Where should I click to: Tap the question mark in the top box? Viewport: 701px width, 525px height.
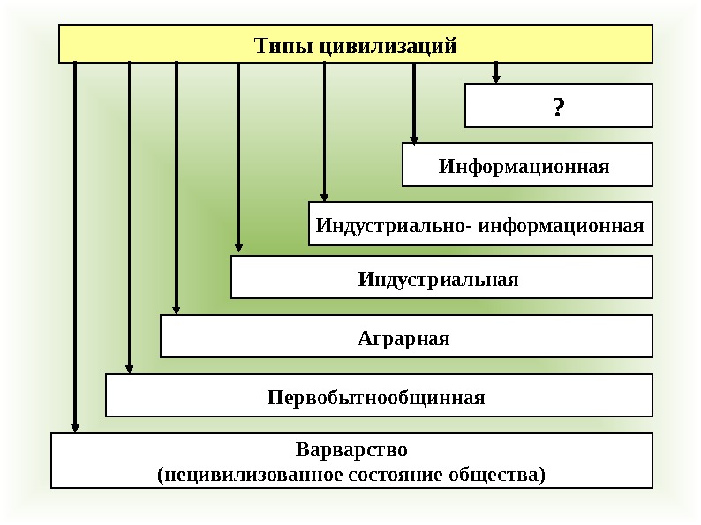[558, 108]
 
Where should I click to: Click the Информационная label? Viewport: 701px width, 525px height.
[524, 166]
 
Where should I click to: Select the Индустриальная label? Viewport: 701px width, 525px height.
[438, 280]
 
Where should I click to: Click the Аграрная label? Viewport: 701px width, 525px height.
[403, 338]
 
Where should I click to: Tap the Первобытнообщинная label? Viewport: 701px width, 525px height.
[376, 397]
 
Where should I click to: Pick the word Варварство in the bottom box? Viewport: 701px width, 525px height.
[351, 450]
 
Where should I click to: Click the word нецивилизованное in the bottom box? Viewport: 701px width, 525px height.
[237, 475]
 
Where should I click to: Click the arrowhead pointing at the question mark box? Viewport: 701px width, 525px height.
[496, 79]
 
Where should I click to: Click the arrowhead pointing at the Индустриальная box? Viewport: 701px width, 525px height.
[238, 250]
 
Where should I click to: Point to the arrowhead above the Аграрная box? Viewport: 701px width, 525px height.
[177, 310]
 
